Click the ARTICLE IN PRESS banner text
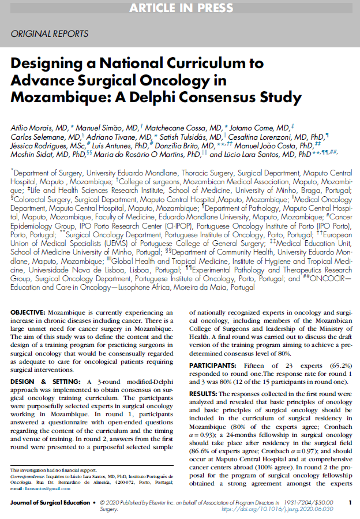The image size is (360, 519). coord(180,8)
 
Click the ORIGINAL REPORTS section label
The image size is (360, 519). coord(50,34)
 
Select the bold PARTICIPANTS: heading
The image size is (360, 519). coord(212,365)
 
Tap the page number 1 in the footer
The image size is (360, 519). coord(350,503)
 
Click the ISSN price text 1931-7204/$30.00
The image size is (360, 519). coord(310,503)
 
